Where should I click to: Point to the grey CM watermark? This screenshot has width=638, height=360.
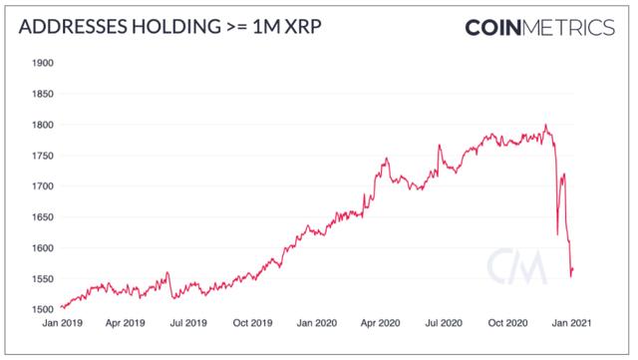tap(515, 267)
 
